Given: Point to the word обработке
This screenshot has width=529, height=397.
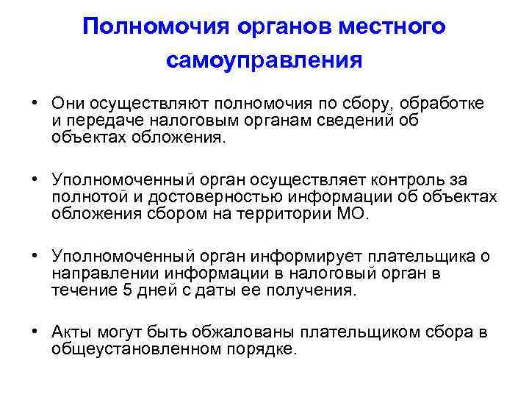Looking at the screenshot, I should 447,104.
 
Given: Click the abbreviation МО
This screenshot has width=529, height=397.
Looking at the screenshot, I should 356,214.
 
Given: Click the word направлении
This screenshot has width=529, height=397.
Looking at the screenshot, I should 104,273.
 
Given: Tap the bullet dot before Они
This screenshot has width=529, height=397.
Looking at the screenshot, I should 36,104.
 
